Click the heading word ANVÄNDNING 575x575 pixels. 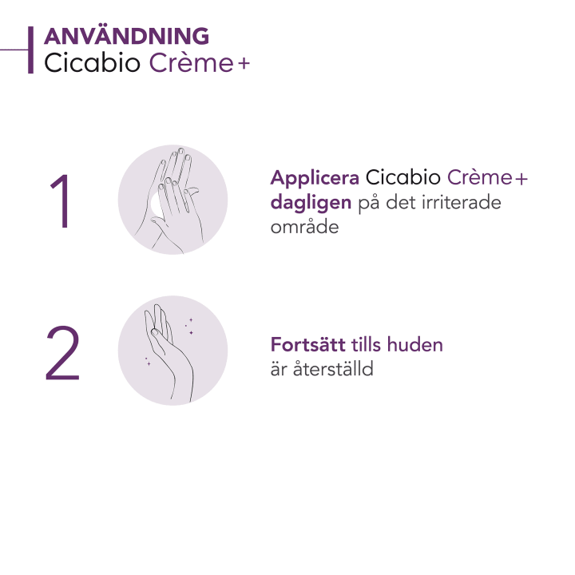pos(126,37)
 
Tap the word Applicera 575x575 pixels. pos(315,178)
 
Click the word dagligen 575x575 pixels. pos(310,203)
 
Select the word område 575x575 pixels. pos(305,227)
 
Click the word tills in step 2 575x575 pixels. pos(367,346)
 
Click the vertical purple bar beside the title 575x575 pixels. pos(30,50)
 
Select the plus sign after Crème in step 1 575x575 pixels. pos(521,179)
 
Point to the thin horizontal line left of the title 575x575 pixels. pos(14,50)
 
